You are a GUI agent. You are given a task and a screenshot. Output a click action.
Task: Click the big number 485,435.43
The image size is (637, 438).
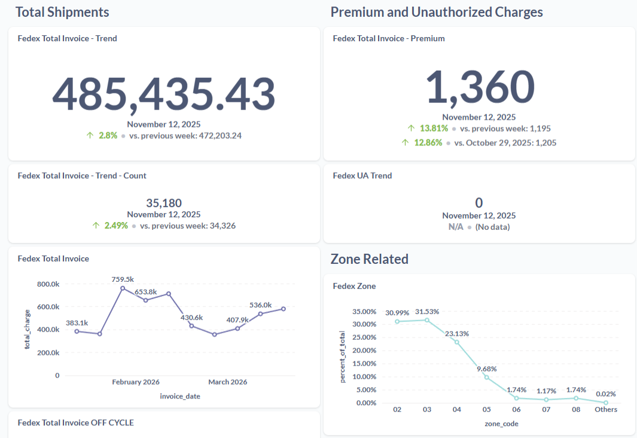(x=164, y=94)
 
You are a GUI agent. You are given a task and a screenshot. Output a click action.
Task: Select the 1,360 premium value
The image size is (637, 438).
(x=479, y=87)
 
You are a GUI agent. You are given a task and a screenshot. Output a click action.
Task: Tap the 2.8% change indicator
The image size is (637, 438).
(x=108, y=136)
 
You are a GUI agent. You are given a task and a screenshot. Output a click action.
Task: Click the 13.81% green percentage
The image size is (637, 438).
(x=434, y=129)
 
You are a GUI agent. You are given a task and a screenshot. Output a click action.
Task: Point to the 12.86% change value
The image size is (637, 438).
(x=428, y=143)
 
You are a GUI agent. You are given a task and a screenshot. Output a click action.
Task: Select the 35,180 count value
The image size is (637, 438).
(x=164, y=203)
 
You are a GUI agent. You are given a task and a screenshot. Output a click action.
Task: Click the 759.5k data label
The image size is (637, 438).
(x=123, y=279)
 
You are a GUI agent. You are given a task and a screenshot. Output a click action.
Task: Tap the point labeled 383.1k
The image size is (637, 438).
(x=77, y=331)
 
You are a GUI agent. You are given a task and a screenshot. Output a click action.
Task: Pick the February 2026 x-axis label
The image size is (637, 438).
(x=136, y=382)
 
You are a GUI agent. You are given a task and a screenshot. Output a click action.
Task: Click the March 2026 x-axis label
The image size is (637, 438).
(x=227, y=382)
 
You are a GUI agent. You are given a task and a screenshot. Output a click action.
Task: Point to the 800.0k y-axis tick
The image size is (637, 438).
(x=48, y=284)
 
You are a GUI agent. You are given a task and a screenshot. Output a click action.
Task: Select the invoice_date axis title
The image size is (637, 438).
(x=180, y=397)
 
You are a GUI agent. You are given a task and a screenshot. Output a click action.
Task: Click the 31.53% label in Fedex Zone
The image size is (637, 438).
(x=426, y=312)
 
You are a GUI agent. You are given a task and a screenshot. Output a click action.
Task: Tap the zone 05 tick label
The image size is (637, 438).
(x=486, y=410)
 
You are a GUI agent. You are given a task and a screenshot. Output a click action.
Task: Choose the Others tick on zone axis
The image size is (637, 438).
(x=606, y=410)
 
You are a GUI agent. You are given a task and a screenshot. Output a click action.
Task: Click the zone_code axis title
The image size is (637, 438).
(x=501, y=424)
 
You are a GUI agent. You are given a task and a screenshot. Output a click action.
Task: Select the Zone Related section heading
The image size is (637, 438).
(x=369, y=259)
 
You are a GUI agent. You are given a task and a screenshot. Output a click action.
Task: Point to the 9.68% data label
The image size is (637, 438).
(x=486, y=369)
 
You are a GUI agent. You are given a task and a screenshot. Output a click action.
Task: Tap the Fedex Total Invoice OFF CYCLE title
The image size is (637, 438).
(x=76, y=423)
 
